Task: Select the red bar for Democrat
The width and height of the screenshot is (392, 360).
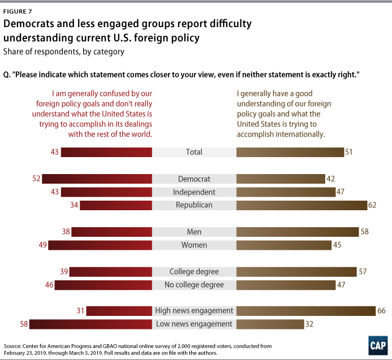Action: [x=97, y=179]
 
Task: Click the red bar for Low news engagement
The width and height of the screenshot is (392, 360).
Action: [x=91, y=324]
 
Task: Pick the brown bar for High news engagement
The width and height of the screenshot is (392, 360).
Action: [x=305, y=310]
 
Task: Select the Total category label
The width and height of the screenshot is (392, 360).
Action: [x=194, y=152]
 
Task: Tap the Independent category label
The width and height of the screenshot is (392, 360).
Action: [x=194, y=192]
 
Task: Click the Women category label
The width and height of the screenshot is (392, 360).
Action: [x=194, y=245]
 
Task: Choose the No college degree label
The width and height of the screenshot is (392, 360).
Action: [x=194, y=285]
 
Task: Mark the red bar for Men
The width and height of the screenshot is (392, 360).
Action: [x=112, y=231]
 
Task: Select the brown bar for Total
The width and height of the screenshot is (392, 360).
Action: [x=290, y=152]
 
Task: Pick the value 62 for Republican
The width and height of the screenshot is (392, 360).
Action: [x=372, y=205]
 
